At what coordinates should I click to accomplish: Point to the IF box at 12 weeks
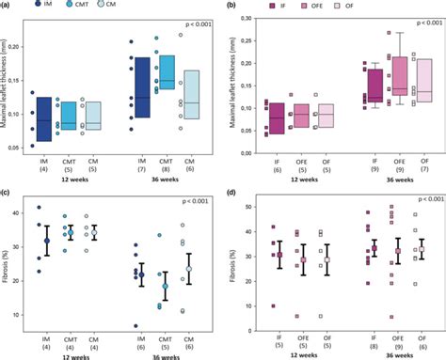pyautogui.click(x=277, y=117)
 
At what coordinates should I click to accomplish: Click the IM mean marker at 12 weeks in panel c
pyautogui.click(x=47, y=242)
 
